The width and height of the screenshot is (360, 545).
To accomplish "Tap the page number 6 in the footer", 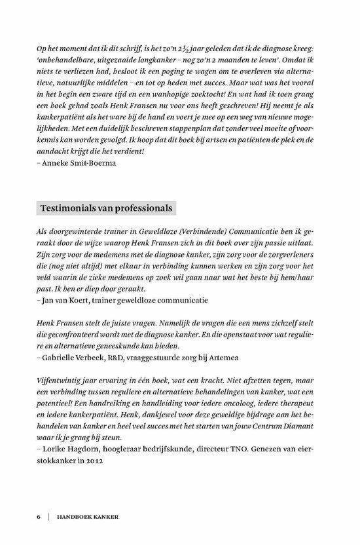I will [37, 517].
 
